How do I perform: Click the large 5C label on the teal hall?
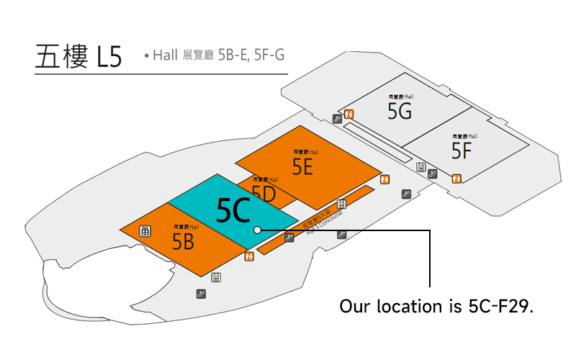tap(233, 210)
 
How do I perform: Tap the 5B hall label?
tap(184, 241)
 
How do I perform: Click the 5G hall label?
tap(400, 111)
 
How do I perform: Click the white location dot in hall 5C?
tap(257, 230)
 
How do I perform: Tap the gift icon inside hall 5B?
tap(145, 230)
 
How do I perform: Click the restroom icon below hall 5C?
tap(250, 256)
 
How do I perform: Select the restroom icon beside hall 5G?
tap(349, 113)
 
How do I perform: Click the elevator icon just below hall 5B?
tap(216, 277)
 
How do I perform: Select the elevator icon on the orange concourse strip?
tap(341, 204)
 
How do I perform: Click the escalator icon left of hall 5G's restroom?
tap(337, 119)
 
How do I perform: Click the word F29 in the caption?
tap(516, 305)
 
